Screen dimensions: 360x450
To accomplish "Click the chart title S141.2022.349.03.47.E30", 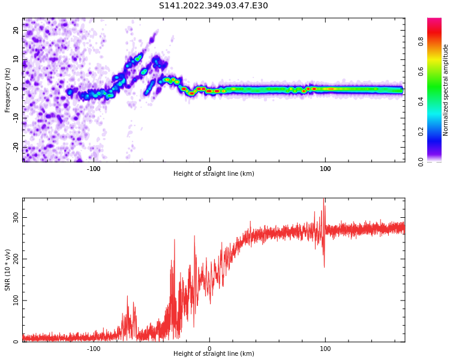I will click(214, 6).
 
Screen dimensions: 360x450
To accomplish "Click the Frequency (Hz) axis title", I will click(8, 90).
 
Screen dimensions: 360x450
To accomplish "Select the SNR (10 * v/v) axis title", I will click(8, 270).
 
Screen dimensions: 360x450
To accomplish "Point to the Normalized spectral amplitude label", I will click(446, 90).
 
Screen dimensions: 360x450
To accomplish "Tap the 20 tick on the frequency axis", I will click(16, 30).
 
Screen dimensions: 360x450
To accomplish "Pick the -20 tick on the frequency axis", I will click(16, 146).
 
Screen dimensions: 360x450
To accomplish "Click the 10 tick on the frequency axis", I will click(16, 59).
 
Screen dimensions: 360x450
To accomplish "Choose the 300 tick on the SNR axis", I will click(16, 217).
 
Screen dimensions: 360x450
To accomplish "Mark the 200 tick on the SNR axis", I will click(16, 259).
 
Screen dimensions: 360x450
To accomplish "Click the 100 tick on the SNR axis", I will click(16, 300).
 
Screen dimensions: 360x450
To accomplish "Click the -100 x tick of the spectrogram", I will click(94, 168).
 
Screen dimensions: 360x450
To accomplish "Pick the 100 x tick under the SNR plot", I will click(325, 348).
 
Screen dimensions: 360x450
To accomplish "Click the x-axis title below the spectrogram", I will click(214, 174).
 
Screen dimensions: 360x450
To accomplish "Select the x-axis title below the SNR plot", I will click(214, 354).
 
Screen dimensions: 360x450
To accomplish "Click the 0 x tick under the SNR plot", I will click(209, 348).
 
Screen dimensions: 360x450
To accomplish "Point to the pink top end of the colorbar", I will click(434, 21).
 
